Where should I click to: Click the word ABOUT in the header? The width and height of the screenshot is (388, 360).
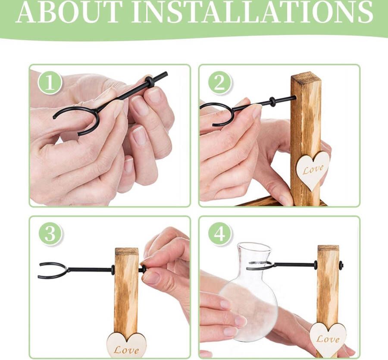coord(70,12)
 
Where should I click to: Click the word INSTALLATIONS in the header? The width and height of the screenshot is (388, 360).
coord(252,12)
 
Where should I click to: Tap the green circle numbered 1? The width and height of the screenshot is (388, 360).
coord(50,83)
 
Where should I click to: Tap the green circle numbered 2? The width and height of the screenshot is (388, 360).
coord(220,83)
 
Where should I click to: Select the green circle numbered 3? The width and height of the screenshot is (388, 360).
coord(50,234)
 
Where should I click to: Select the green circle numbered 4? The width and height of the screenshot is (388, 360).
coord(220,234)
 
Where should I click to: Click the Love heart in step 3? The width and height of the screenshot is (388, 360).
coord(127,345)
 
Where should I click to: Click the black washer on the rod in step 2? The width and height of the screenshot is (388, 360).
coord(272,102)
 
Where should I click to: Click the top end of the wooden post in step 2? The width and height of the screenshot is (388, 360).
coord(306,76)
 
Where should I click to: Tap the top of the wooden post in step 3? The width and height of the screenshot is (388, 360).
coord(127,251)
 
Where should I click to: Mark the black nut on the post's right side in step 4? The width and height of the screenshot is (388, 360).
coord(341,265)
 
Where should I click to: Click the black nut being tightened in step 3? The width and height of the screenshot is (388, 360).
coord(143,269)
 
